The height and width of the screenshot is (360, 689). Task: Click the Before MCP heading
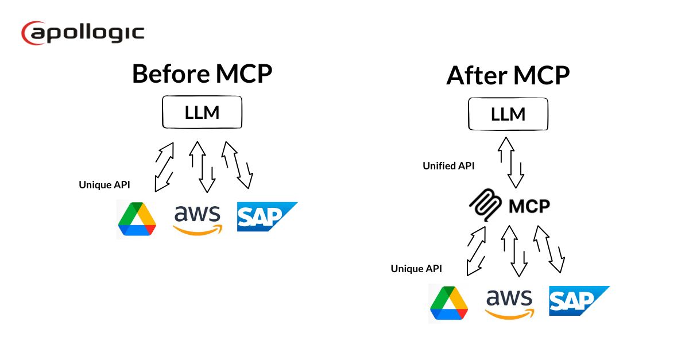coord(202,74)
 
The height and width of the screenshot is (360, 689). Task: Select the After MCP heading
coord(508,76)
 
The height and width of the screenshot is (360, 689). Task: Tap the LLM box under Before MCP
coord(202,113)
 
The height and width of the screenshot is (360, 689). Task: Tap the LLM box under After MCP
coord(508,114)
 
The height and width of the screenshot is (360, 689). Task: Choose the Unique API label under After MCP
coord(416,268)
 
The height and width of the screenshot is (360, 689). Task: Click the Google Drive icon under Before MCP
coord(137,219)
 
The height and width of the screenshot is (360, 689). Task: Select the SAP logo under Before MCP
coord(265,217)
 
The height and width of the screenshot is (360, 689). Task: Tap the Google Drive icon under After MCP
coord(449,303)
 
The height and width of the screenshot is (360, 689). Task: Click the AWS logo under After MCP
coord(509,303)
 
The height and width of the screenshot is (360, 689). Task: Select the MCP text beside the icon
coord(529,205)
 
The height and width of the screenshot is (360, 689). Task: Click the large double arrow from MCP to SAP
coord(548,249)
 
